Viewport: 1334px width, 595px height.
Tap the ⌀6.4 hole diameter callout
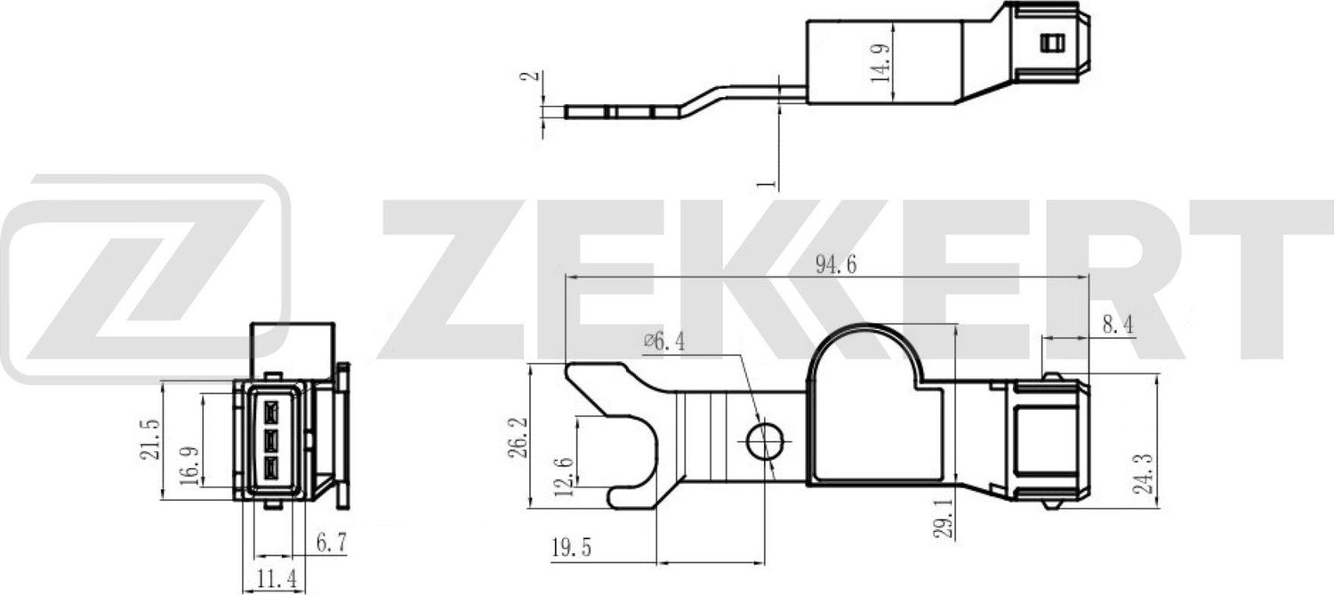(664, 341)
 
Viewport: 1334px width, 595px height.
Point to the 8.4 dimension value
(1117, 326)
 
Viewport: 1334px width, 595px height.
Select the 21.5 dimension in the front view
(151, 438)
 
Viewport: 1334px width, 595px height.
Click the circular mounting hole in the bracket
(765, 441)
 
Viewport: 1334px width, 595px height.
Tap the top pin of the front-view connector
(272, 411)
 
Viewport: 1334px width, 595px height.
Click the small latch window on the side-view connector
(1051, 43)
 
